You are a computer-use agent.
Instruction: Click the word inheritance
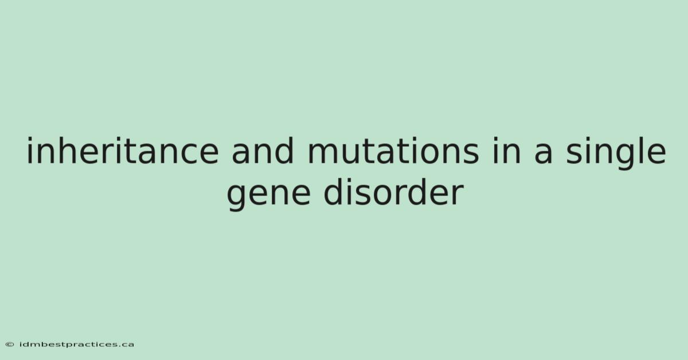pos(123,151)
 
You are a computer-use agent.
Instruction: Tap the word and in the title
pos(263,151)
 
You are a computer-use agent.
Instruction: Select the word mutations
pos(393,151)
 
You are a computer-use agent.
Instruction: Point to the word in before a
pos(507,151)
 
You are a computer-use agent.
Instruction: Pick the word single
pos(616,152)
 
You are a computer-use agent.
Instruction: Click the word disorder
pos(394,192)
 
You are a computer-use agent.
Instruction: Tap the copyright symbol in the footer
pos(10,345)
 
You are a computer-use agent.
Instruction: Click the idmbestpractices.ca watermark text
pos(77,345)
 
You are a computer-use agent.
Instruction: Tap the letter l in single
pos(634,151)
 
